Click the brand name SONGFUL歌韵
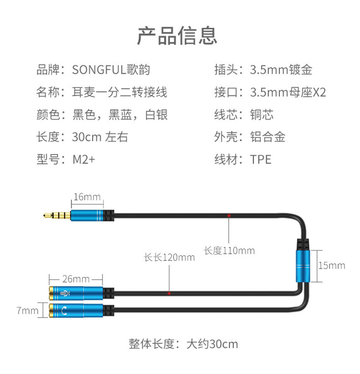111,70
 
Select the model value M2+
84,159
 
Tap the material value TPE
261,159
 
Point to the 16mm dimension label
86,197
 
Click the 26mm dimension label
75,278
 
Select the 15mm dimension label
331,265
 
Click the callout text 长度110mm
229,251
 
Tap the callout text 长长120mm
169,257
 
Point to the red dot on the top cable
229,215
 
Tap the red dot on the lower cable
169,294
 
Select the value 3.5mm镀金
281,70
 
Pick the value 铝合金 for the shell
267,137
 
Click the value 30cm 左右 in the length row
100,137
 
